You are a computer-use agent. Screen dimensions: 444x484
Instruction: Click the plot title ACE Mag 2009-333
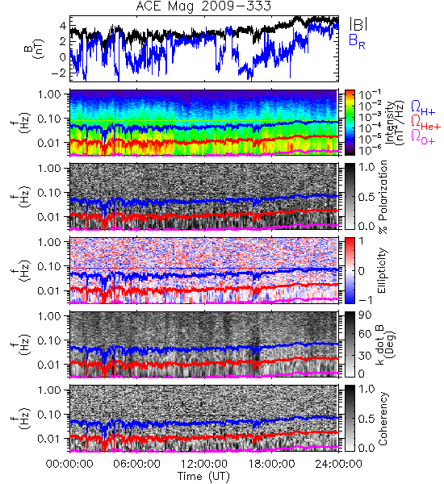point(203,6)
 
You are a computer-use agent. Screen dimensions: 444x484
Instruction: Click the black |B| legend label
point(358,24)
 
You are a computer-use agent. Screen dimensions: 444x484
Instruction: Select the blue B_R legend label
point(357,41)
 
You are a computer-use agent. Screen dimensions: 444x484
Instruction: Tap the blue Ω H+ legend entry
point(423,108)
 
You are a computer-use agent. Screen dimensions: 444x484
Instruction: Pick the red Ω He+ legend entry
point(425,123)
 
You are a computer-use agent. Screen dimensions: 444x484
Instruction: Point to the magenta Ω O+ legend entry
point(423,137)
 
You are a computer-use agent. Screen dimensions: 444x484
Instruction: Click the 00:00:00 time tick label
point(69,464)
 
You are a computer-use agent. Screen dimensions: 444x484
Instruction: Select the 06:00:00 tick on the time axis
point(136,464)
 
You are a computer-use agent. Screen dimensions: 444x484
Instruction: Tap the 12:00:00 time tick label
point(204,464)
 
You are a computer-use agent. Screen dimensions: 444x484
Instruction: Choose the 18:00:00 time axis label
point(271,464)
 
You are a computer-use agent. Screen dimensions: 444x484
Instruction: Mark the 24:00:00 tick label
point(338,464)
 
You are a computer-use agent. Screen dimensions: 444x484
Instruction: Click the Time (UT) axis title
point(204,476)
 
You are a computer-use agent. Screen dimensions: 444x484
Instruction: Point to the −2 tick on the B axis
point(59,73)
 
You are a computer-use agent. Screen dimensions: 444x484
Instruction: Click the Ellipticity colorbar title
point(382,270)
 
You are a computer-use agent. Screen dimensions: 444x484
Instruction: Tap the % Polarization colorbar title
point(383,197)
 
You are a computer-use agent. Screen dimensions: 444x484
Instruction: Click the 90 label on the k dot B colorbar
point(365,315)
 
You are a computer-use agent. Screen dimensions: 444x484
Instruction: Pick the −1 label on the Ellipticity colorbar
point(366,300)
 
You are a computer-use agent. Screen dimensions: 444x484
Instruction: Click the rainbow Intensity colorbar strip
point(350,123)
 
